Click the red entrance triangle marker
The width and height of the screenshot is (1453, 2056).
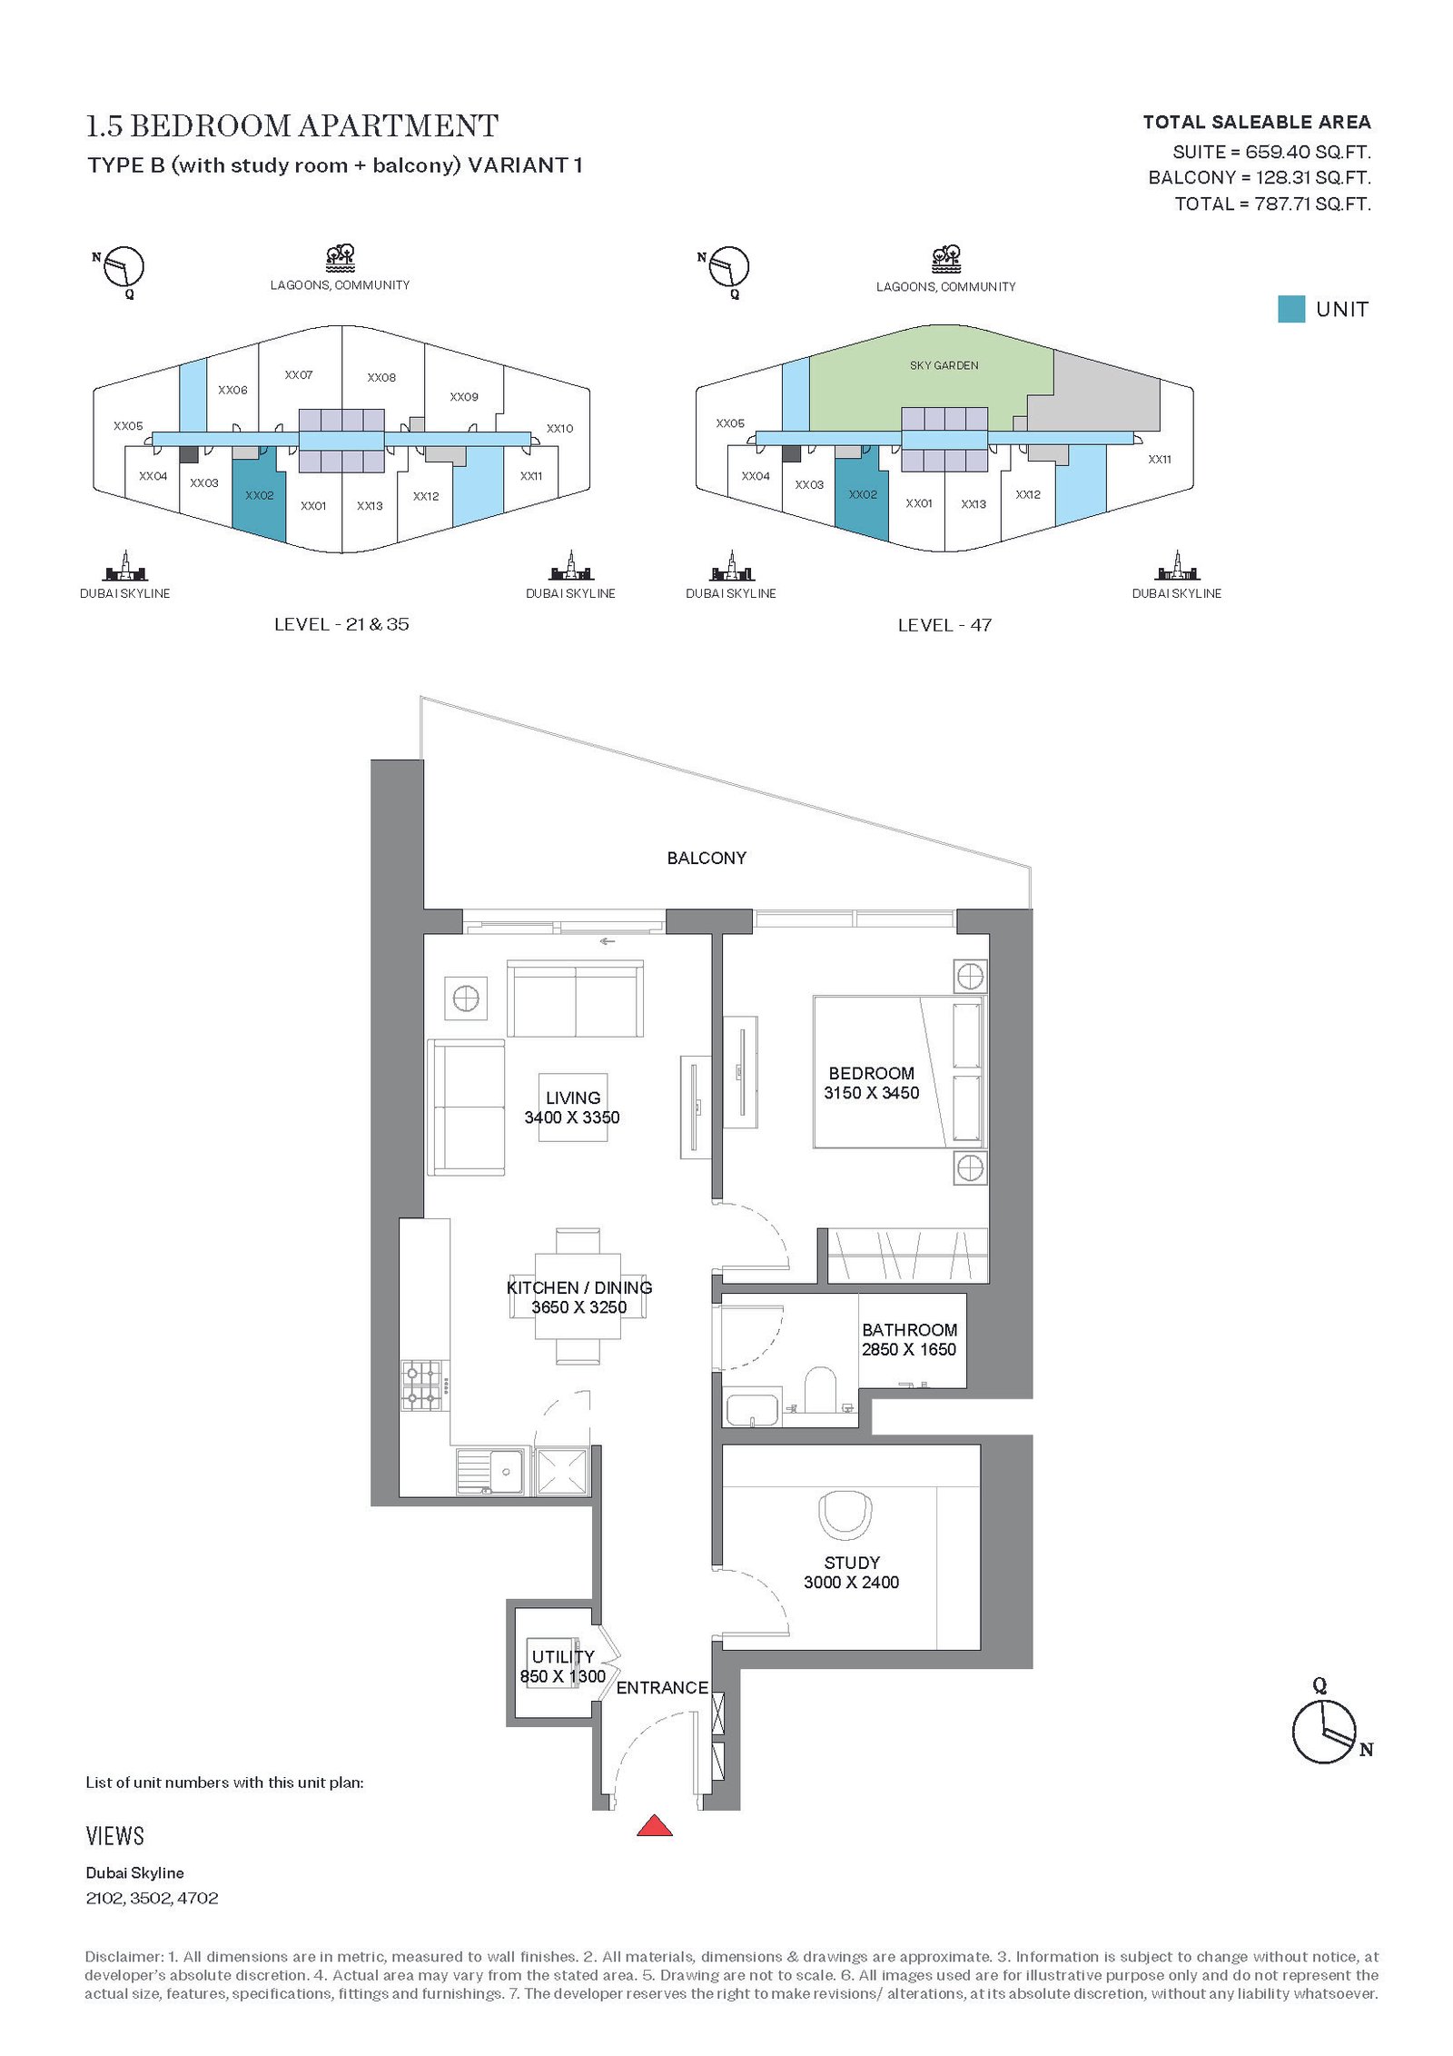(x=654, y=1825)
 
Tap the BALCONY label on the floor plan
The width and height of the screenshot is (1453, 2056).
(x=707, y=858)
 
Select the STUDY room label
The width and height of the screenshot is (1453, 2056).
(x=852, y=1563)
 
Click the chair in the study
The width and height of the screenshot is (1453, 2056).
(x=845, y=1515)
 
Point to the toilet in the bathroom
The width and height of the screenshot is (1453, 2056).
(x=820, y=1390)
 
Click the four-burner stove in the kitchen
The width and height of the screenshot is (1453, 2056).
(x=422, y=1386)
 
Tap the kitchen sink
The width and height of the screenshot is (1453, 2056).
(x=490, y=1471)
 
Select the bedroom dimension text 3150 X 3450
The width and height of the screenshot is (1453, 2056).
(x=872, y=1093)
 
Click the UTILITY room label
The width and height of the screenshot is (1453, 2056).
(x=563, y=1656)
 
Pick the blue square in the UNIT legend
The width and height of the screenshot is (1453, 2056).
(x=1290, y=309)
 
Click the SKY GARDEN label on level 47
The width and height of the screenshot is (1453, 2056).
(x=944, y=365)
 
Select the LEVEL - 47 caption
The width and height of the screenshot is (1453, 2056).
(x=944, y=625)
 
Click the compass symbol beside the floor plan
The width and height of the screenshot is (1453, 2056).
(x=1327, y=1729)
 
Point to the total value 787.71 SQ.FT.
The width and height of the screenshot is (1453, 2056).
(x=1312, y=204)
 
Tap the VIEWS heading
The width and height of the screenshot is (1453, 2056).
(x=115, y=1836)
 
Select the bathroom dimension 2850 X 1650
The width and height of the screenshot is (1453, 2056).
(x=909, y=1349)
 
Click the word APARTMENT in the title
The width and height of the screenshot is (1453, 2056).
(x=399, y=125)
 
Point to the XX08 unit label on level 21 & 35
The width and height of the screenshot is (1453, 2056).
(x=381, y=377)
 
